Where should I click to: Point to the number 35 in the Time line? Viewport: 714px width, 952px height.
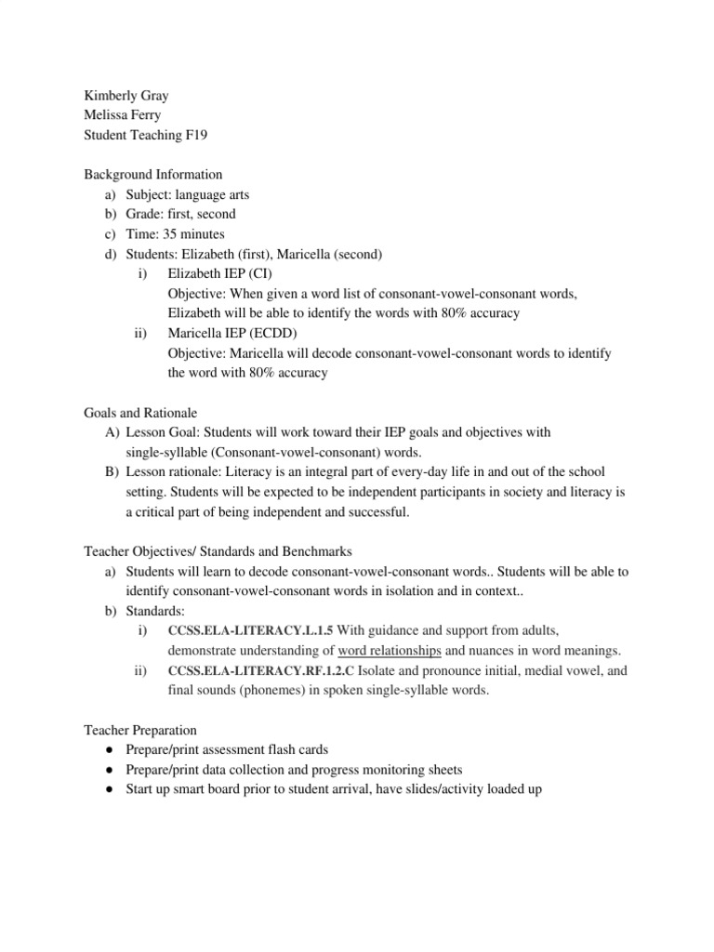click(170, 233)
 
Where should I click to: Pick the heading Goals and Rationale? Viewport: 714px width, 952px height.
click(140, 412)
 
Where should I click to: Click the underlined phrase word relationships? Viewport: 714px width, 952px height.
click(390, 650)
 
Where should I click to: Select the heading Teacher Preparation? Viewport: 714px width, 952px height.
click(140, 730)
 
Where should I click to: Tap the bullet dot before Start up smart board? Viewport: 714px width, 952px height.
click(110, 789)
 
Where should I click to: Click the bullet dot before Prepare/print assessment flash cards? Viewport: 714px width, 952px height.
click(110, 749)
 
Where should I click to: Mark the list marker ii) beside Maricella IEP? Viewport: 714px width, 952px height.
click(141, 333)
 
